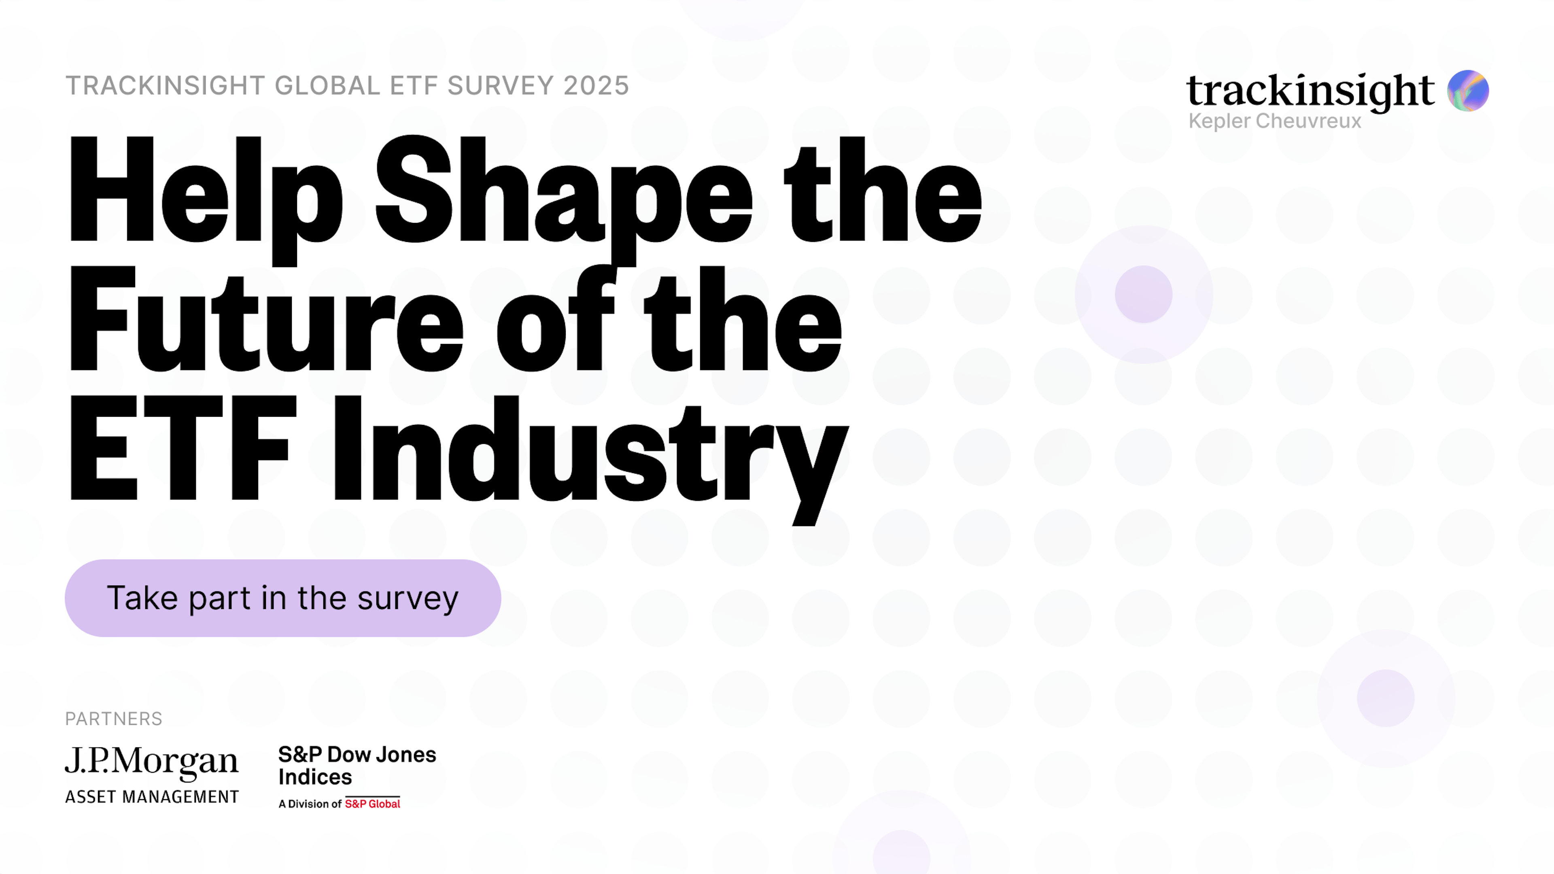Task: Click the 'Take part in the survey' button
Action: coord(282,598)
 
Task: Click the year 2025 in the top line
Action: coord(596,86)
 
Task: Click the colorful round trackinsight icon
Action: coord(1468,91)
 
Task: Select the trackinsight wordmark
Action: coord(1310,91)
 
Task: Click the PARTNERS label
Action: coord(113,718)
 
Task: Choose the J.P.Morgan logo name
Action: coord(151,761)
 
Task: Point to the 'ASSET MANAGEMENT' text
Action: coord(151,797)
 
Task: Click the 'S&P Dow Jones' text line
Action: coord(357,755)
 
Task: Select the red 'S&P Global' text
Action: coord(372,804)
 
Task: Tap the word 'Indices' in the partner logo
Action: coord(315,777)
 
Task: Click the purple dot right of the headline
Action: coord(1143,294)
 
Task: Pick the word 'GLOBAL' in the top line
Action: coord(327,86)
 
